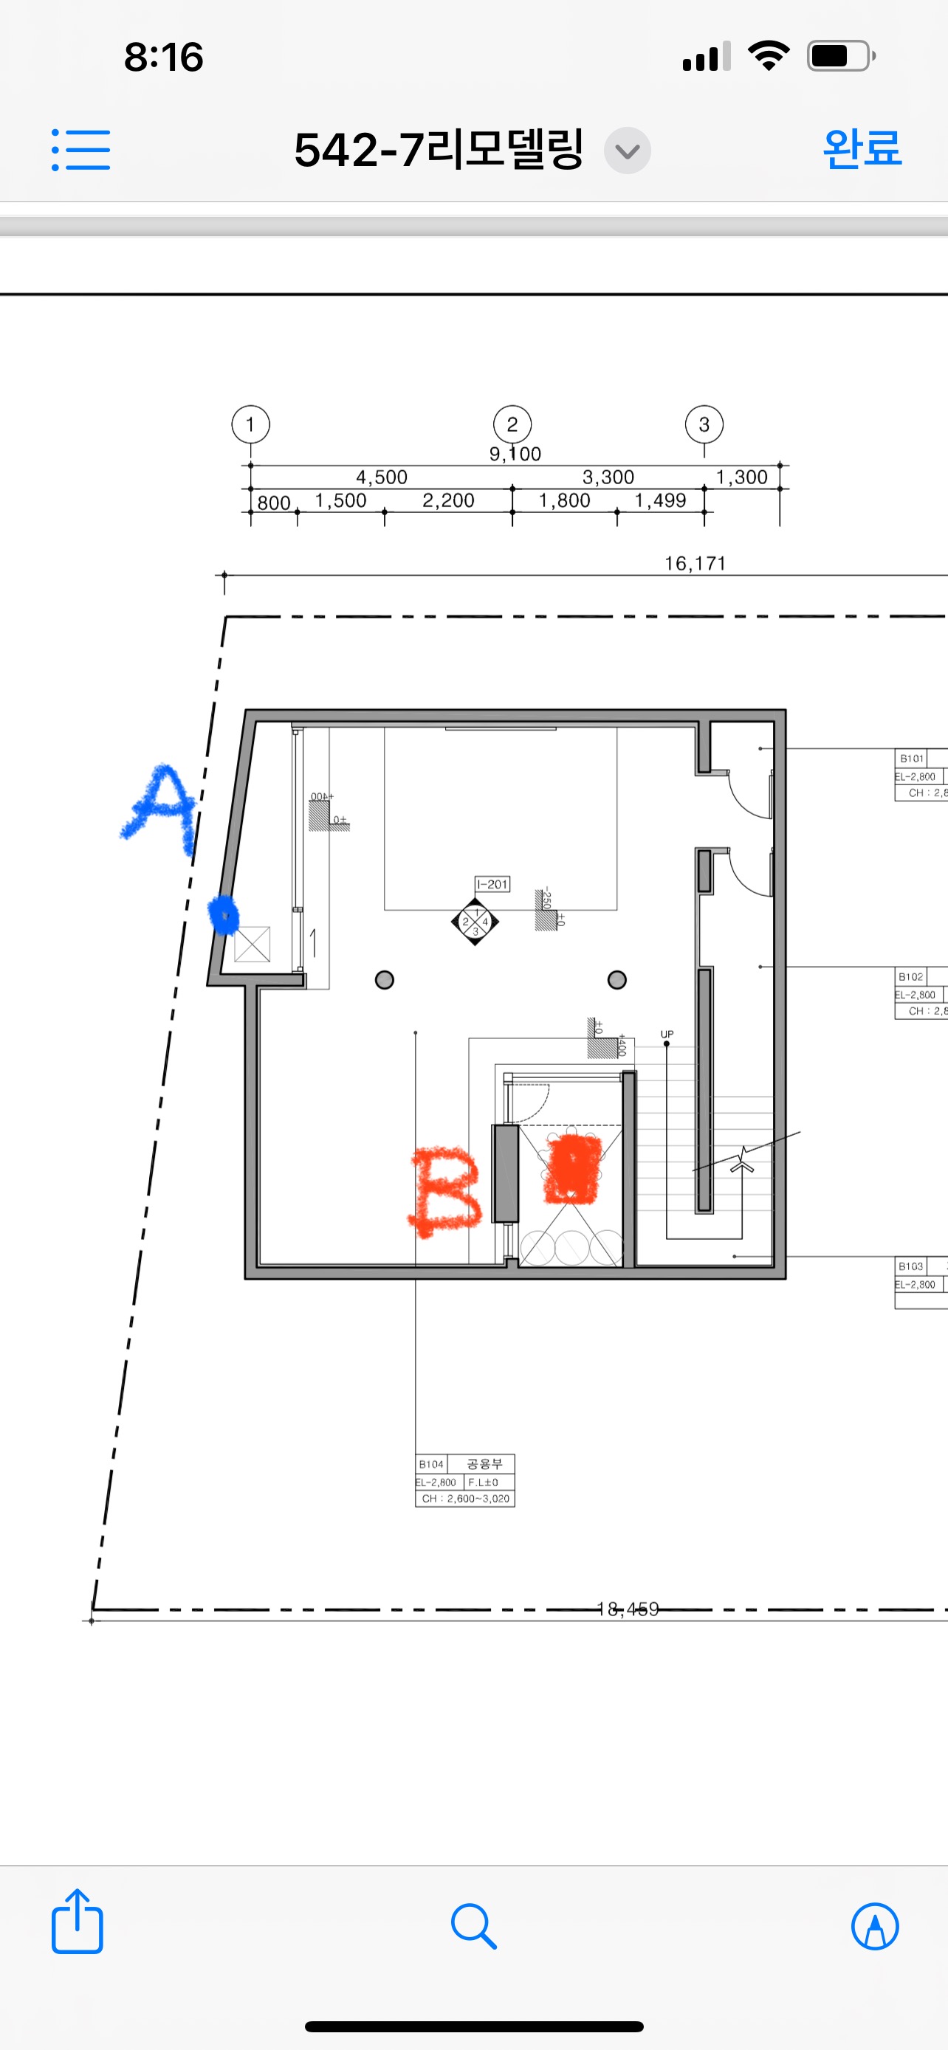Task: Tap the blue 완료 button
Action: pyautogui.click(x=862, y=149)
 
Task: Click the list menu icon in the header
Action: pyautogui.click(x=81, y=150)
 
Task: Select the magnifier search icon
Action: pyautogui.click(x=473, y=1926)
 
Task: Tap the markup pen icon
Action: pyautogui.click(x=875, y=1926)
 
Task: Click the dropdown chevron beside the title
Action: pyautogui.click(x=628, y=151)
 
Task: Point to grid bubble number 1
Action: pyautogui.click(x=251, y=424)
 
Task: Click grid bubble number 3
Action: pyautogui.click(x=704, y=424)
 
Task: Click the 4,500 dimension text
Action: pyautogui.click(x=381, y=477)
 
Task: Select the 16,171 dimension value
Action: pyautogui.click(x=695, y=564)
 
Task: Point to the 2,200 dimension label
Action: pyautogui.click(x=448, y=500)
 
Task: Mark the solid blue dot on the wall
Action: pyautogui.click(x=224, y=914)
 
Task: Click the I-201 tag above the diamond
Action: pyautogui.click(x=492, y=884)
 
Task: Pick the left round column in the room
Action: pyautogui.click(x=385, y=980)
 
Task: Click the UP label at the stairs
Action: pyautogui.click(x=667, y=1034)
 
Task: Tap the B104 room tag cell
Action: pyautogui.click(x=431, y=1464)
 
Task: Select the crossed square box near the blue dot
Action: pyautogui.click(x=253, y=945)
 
